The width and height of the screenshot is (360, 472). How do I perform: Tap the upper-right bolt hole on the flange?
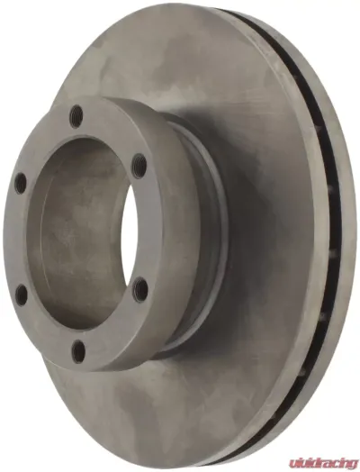pyautogui.click(x=138, y=165)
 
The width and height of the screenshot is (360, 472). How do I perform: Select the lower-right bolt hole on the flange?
pyautogui.click(x=140, y=288)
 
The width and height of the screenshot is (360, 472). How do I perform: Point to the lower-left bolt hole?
pyautogui.click(x=20, y=294)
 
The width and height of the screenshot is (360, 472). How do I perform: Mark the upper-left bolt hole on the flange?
pyautogui.click(x=19, y=183)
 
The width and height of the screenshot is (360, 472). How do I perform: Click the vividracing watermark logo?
pyautogui.click(x=318, y=458)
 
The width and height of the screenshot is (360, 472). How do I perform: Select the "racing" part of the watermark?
pyautogui.click(x=334, y=458)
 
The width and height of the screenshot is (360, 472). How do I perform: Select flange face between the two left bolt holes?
pyautogui.click(x=14, y=239)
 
